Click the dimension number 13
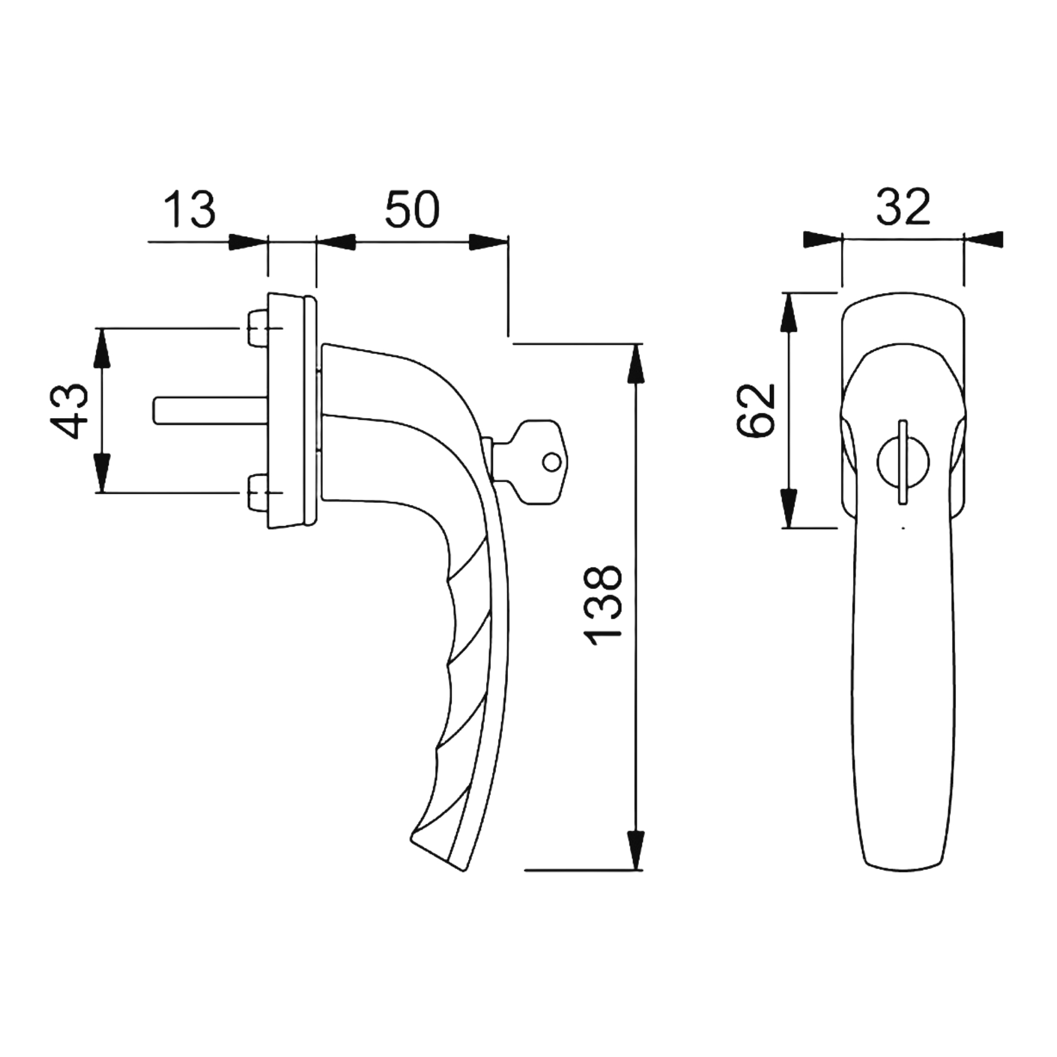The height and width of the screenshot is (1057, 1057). click(189, 209)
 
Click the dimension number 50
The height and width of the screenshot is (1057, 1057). click(412, 209)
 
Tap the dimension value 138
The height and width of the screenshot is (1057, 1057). click(603, 605)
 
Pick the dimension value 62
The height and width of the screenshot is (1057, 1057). click(757, 410)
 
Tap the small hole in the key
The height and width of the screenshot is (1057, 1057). click(551, 462)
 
